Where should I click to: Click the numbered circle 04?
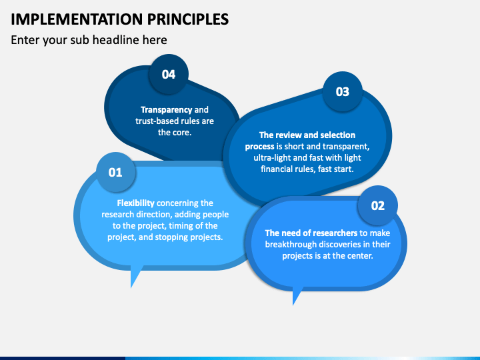169,74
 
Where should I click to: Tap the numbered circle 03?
342,91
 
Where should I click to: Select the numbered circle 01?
115,172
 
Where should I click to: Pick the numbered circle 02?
377,205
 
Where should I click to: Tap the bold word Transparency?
166,109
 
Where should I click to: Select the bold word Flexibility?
136,203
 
